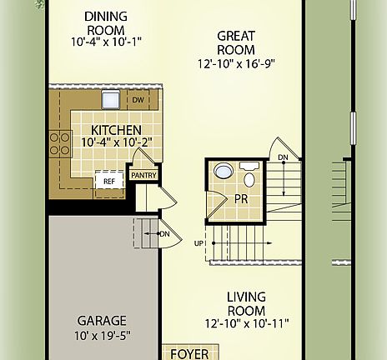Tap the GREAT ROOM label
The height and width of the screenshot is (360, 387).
pos(236,43)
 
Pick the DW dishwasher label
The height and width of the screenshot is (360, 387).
pos(138,101)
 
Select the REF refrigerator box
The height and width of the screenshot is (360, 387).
pos(108,181)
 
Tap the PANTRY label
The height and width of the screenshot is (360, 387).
pos(143,175)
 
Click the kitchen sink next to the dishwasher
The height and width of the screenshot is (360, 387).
pos(111,100)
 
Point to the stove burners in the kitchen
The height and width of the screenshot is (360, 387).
pos(60,143)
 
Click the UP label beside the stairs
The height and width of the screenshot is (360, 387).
pos(198,244)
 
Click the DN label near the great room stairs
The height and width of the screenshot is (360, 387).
pos(284,157)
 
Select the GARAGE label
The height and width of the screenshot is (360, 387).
pos(103,320)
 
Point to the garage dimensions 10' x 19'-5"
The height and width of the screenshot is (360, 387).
pos(103,336)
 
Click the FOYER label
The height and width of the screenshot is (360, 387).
pos(188,353)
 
